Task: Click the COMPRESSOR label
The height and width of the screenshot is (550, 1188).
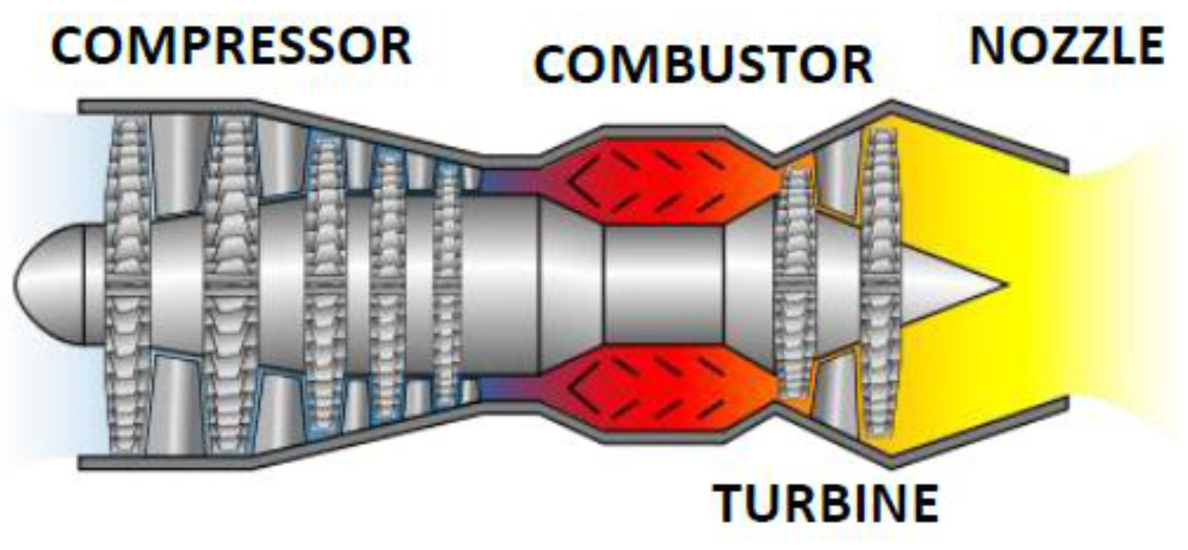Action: click(x=231, y=46)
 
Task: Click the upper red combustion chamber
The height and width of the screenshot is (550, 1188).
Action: click(x=661, y=180)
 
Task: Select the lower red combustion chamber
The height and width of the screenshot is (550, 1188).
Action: click(x=661, y=388)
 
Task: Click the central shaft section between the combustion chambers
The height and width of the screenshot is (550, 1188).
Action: click(x=663, y=284)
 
